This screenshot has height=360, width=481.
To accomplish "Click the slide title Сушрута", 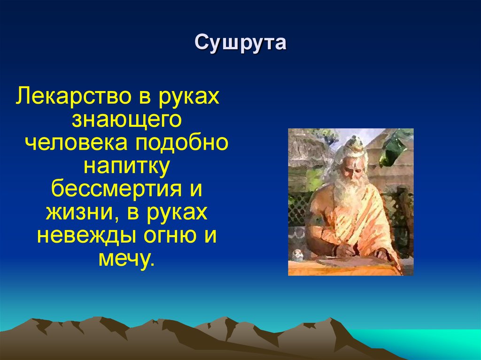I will click(x=240, y=43).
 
